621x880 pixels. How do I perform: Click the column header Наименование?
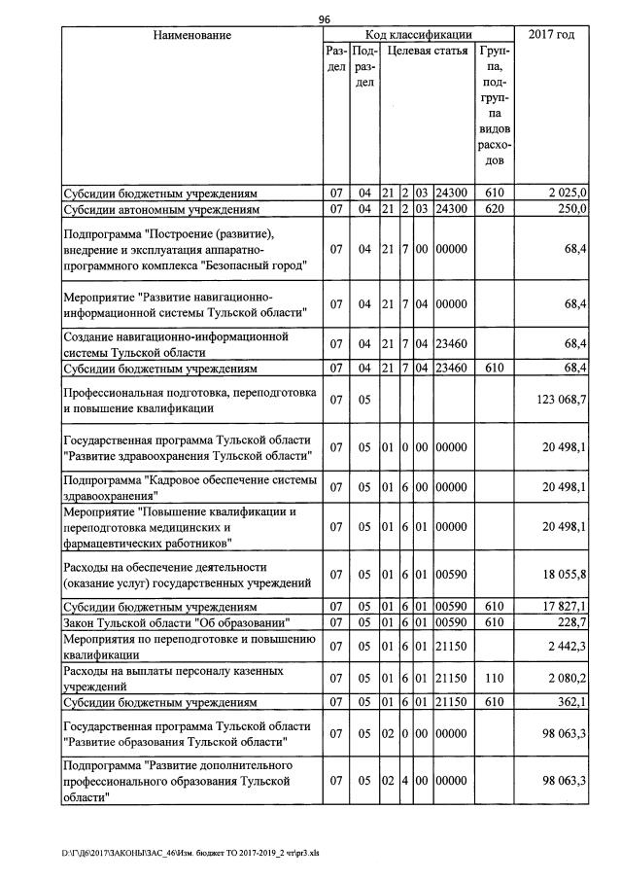[x=191, y=35]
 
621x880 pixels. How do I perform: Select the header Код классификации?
[x=418, y=35]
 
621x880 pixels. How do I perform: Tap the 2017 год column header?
[x=551, y=35]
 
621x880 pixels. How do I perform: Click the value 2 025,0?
[x=568, y=194]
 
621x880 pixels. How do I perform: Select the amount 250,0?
[x=571, y=208]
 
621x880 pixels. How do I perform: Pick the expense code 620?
[x=494, y=208]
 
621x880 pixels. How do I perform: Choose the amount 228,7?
[x=571, y=622]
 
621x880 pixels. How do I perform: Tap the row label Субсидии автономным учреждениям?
[x=160, y=208]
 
